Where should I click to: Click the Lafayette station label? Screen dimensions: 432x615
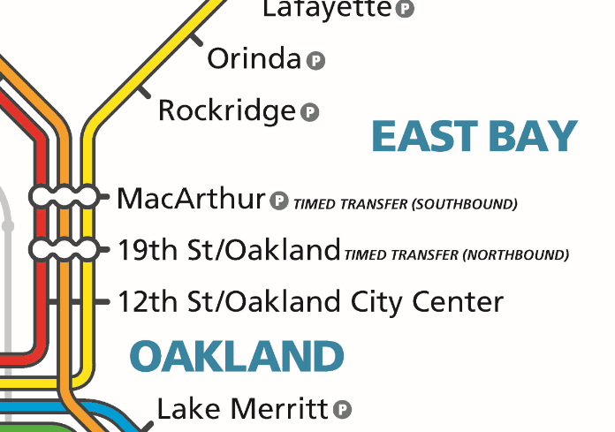tap(326, 9)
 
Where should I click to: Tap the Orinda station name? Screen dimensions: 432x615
tap(254, 59)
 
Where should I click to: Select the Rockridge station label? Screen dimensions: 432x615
tap(226, 111)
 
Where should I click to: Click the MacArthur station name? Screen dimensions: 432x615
tap(191, 198)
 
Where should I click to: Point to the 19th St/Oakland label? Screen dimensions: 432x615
tap(228, 250)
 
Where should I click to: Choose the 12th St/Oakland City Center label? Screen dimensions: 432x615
tap(310, 301)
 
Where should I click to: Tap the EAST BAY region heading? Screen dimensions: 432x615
tap(474, 137)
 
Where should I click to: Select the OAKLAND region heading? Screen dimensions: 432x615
tap(236, 357)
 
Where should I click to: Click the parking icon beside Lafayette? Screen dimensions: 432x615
tap(405, 10)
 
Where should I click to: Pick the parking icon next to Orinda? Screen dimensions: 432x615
tap(316, 61)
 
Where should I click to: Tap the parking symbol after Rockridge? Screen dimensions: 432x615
tap(309, 112)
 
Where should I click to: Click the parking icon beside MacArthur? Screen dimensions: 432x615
tap(279, 201)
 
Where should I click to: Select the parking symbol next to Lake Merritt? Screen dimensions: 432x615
tap(343, 410)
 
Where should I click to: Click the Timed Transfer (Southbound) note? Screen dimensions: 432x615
tap(405, 204)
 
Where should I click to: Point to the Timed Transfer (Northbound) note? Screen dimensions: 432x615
tap(456, 255)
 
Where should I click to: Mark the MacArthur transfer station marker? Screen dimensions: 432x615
tap(63, 196)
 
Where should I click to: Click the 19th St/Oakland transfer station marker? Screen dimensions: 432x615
tap(63, 249)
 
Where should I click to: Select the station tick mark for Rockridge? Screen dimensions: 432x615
tap(143, 90)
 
